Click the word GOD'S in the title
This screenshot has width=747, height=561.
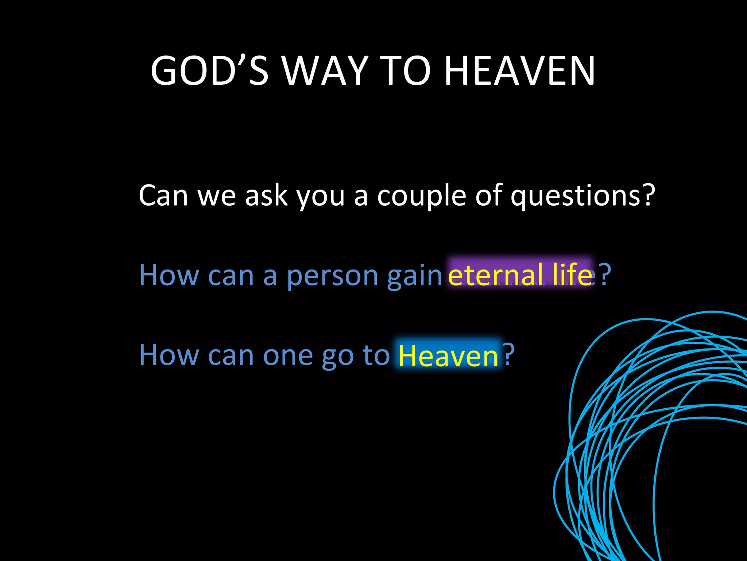click(209, 71)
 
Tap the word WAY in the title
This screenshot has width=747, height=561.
click(325, 71)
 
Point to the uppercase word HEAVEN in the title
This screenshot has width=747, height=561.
click(519, 71)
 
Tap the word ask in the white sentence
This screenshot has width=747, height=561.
click(266, 196)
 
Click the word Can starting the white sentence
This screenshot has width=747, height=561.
click(163, 196)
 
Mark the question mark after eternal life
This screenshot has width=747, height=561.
click(605, 275)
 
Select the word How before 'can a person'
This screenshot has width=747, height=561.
click(169, 275)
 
